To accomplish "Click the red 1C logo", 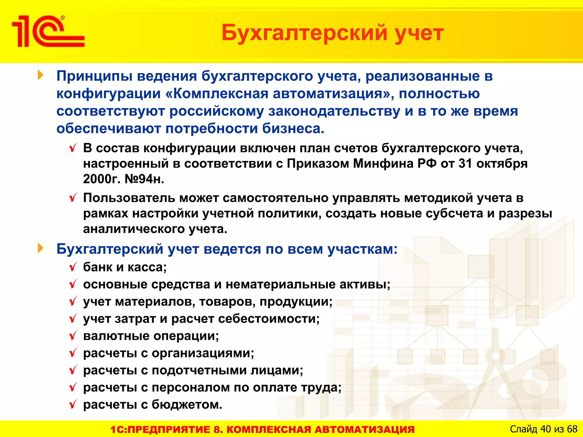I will click(x=48, y=31).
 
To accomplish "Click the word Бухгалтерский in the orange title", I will click(x=304, y=33).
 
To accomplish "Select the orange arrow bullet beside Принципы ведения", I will click(x=41, y=75).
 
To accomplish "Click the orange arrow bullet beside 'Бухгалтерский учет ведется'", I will click(x=41, y=248).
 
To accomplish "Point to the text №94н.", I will click(x=144, y=179).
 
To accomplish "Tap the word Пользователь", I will click(x=129, y=198).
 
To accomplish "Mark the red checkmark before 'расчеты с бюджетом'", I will click(x=73, y=404).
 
